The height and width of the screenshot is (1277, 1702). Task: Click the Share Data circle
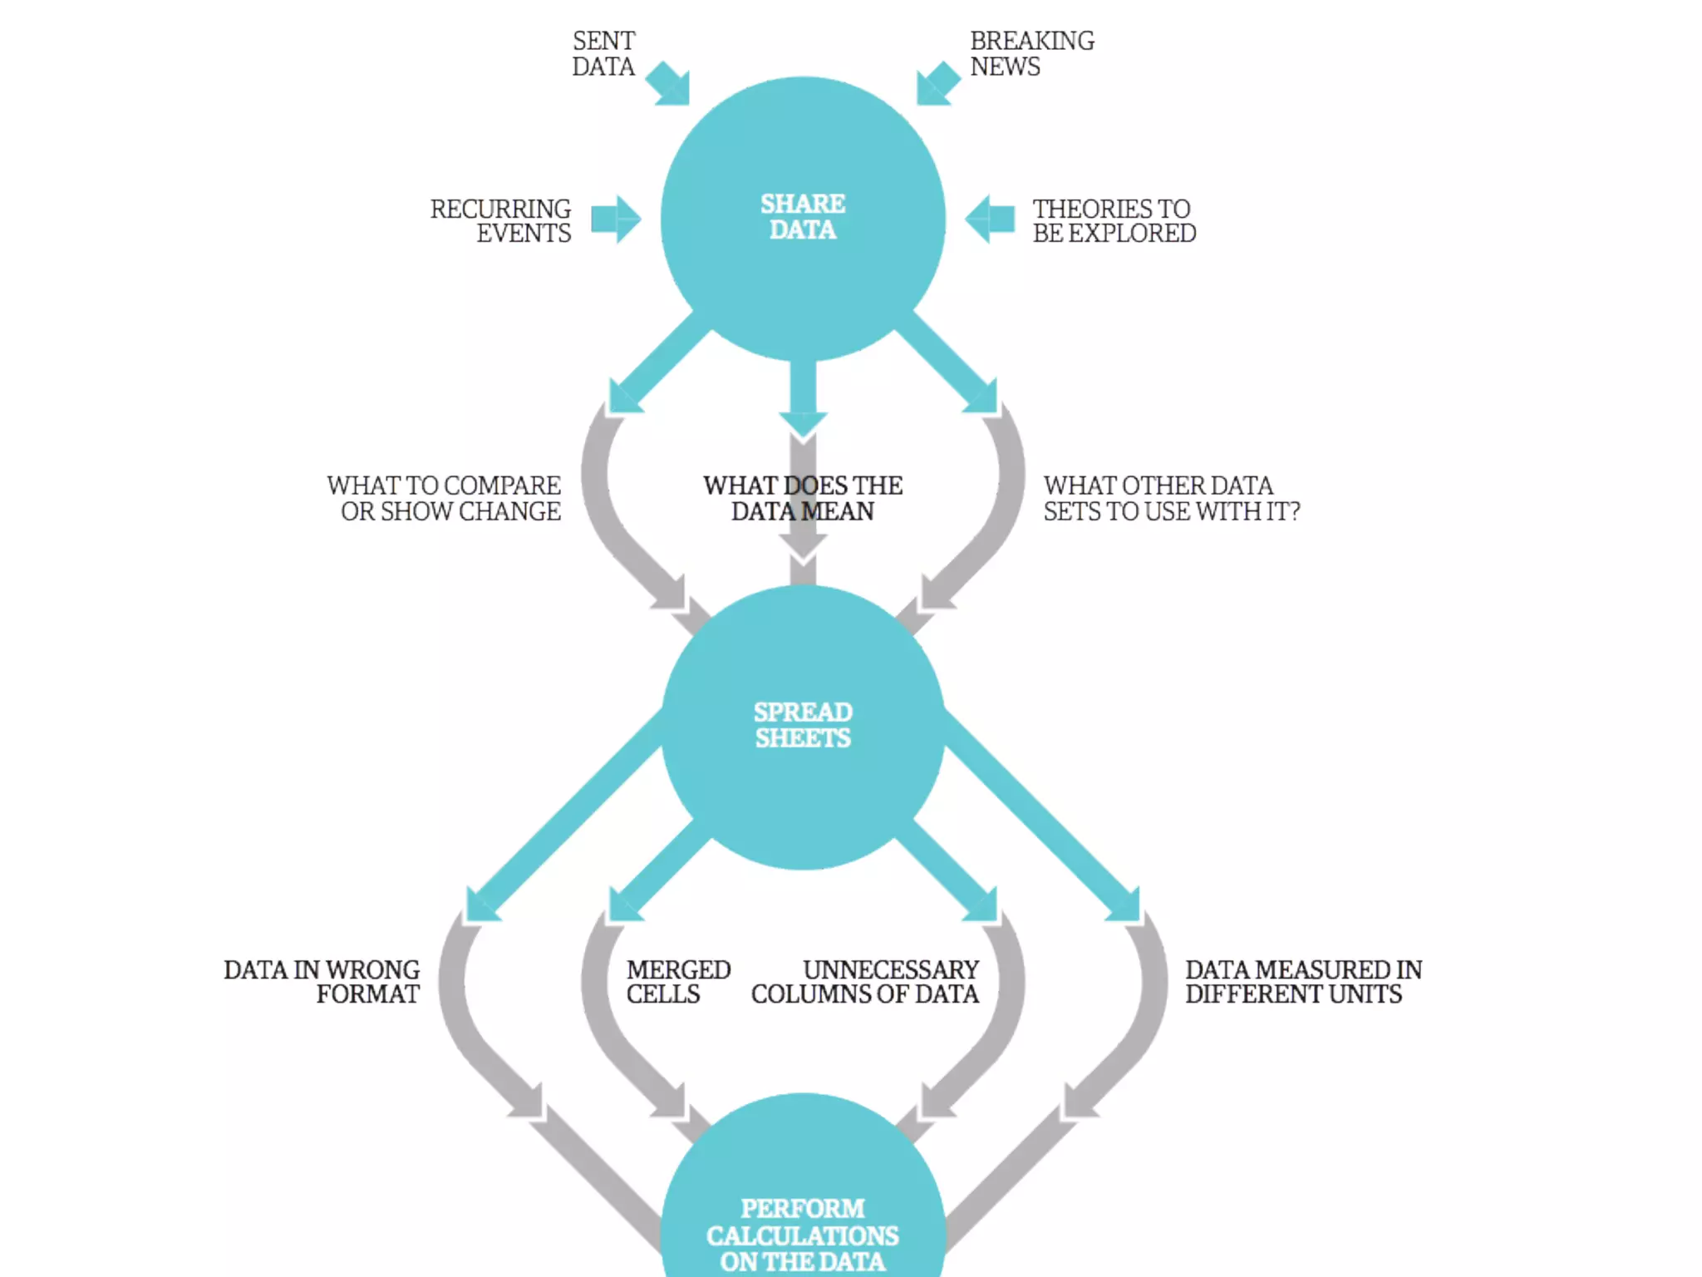[803, 218]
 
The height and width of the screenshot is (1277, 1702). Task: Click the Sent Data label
[603, 54]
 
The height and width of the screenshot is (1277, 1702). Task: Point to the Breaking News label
[1031, 54]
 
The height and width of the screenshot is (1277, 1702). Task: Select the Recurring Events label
[501, 221]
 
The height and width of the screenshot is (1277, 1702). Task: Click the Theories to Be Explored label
[1114, 221]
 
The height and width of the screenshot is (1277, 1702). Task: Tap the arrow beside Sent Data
[669, 84]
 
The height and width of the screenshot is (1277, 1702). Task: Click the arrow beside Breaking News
[937, 84]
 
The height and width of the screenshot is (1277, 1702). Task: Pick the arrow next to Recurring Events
[616, 219]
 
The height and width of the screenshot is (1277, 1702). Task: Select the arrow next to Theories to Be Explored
[990, 219]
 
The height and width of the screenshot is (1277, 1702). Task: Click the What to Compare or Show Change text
[445, 498]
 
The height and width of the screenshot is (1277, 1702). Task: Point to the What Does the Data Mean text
[803, 498]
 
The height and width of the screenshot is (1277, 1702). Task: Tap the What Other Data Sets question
[1171, 498]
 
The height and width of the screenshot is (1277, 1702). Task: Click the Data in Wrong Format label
[322, 982]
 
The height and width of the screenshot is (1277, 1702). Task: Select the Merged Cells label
[677, 982]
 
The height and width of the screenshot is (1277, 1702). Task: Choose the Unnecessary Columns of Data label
[865, 982]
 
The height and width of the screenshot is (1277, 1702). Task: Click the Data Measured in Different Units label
[1303, 982]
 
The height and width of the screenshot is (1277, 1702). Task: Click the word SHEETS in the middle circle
[803, 738]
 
